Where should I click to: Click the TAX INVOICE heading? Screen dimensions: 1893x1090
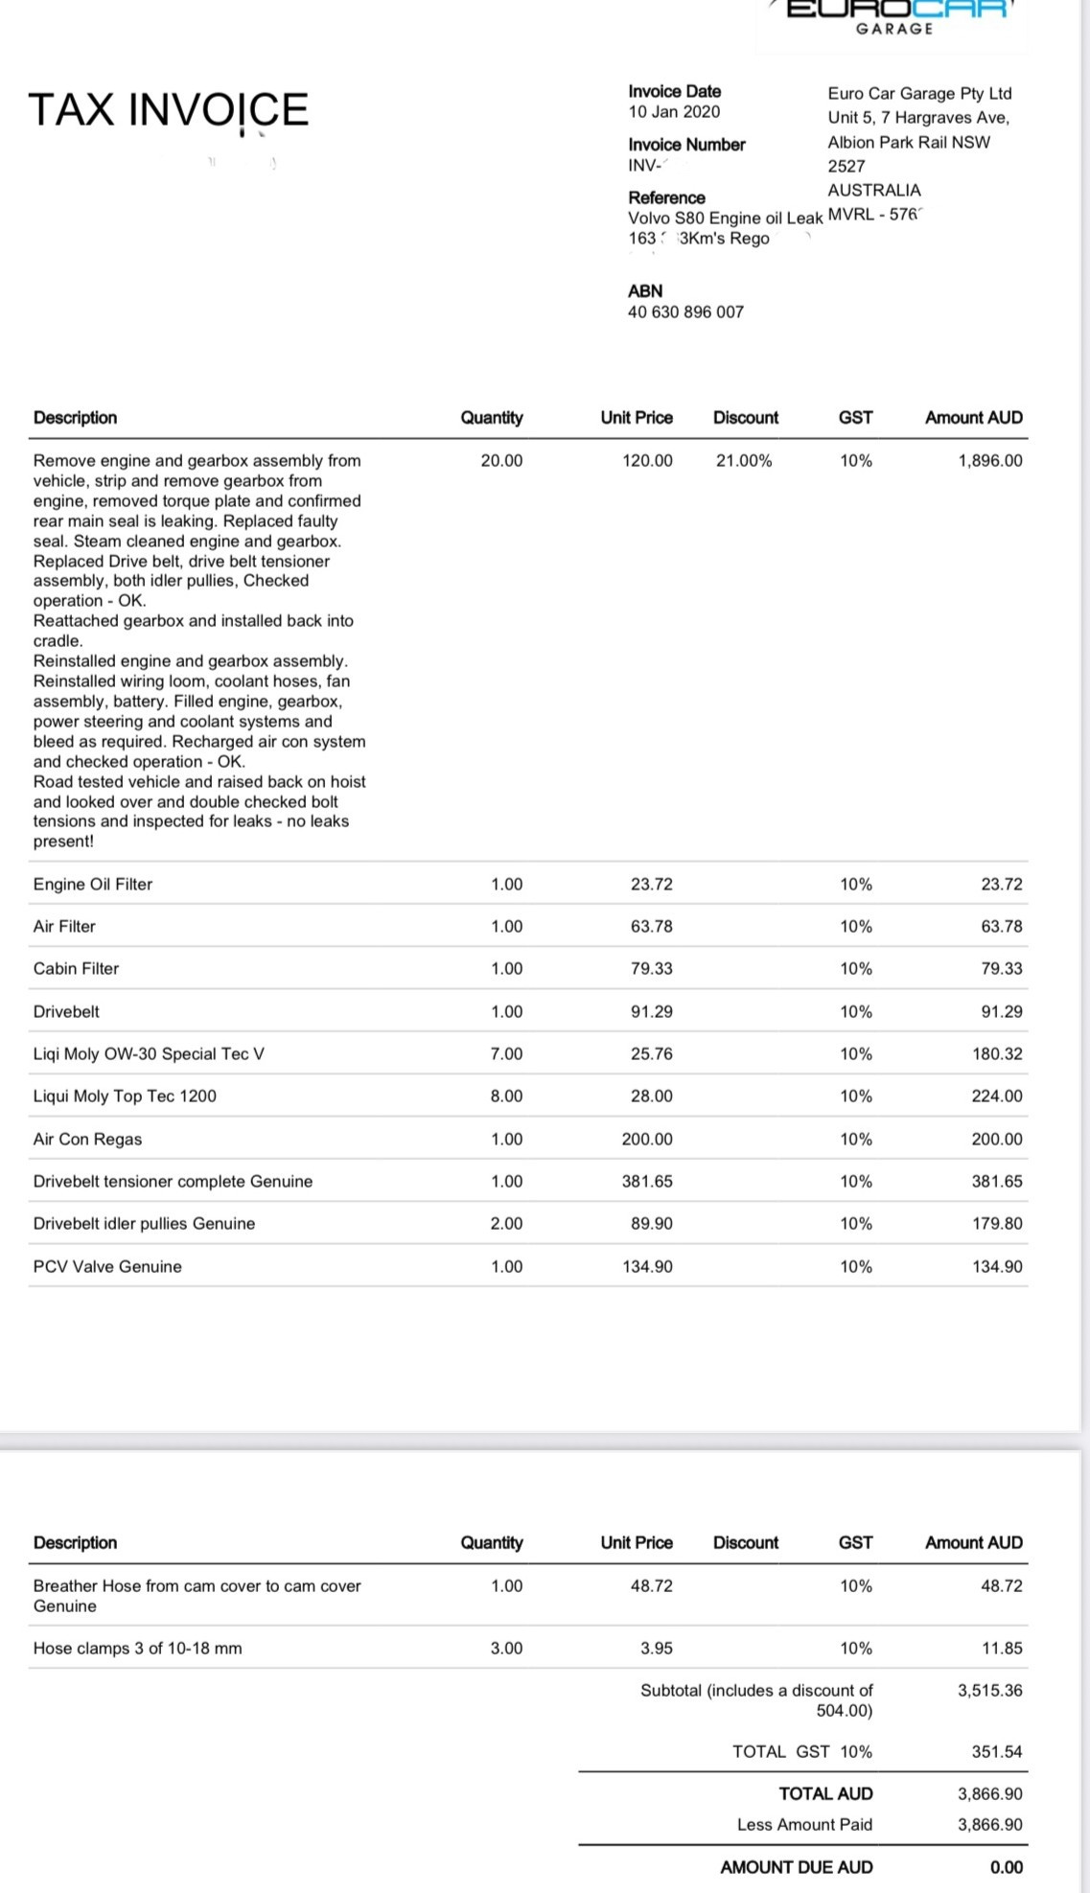coord(169,109)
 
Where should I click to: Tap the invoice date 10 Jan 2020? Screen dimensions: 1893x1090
coord(674,112)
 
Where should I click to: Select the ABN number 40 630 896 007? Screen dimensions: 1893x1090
coord(685,312)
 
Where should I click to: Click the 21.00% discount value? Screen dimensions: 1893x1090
coord(744,461)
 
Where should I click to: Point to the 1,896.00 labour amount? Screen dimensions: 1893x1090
coord(989,461)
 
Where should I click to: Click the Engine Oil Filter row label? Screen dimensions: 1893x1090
coord(93,885)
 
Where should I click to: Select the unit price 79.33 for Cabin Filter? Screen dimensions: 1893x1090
coord(652,969)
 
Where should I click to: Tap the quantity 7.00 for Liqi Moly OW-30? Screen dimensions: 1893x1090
coord(506,1054)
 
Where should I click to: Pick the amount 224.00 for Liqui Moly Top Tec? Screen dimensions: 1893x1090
coord(997,1097)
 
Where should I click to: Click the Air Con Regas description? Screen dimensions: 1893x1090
coord(87,1140)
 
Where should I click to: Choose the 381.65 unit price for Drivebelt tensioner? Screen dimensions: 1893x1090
coord(647,1182)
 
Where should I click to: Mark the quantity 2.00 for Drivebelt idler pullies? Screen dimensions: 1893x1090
coord(506,1224)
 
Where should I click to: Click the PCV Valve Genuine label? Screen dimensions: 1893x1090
coord(107,1267)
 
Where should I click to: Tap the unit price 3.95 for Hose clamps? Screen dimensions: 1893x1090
coord(657,1649)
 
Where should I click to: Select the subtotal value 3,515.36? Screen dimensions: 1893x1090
coord(989,1691)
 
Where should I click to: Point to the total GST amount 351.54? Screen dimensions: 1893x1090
coord(997,1752)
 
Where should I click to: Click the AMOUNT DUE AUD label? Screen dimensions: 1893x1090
coord(797,1867)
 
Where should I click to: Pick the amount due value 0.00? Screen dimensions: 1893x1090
coord(1006,1867)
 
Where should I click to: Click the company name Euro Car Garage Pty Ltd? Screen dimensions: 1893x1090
coord(919,94)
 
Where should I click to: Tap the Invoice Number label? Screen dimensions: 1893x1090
coord(686,145)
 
